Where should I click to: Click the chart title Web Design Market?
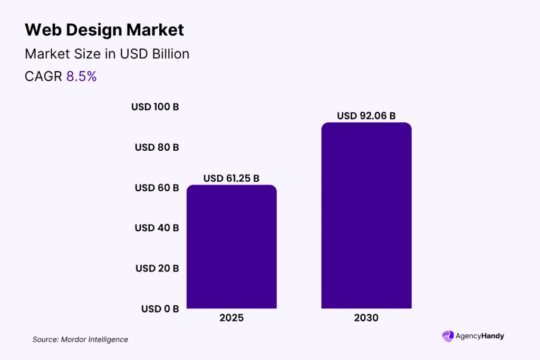tap(104, 30)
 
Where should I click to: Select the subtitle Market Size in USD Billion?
tap(107, 54)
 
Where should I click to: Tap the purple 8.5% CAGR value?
tap(81, 76)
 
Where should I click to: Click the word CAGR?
tap(44, 76)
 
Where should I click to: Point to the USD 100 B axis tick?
tap(155, 107)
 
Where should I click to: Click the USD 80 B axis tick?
tap(157, 148)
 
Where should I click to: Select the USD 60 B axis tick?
tap(157, 188)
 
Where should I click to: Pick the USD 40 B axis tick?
tap(157, 228)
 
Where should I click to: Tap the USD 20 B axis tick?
tap(157, 268)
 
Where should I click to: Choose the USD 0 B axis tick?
tap(160, 309)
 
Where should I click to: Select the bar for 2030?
tap(367, 216)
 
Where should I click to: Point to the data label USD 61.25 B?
tap(232, 179)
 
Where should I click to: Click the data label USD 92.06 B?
tap(367, 116)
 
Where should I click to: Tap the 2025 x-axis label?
tap(232, 318)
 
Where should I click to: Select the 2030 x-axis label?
tap(367, 318)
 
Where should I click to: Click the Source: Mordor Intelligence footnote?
tap(80, 339)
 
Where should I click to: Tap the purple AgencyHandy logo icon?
tap(448, 336)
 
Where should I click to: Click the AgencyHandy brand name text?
tap(480, 336)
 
